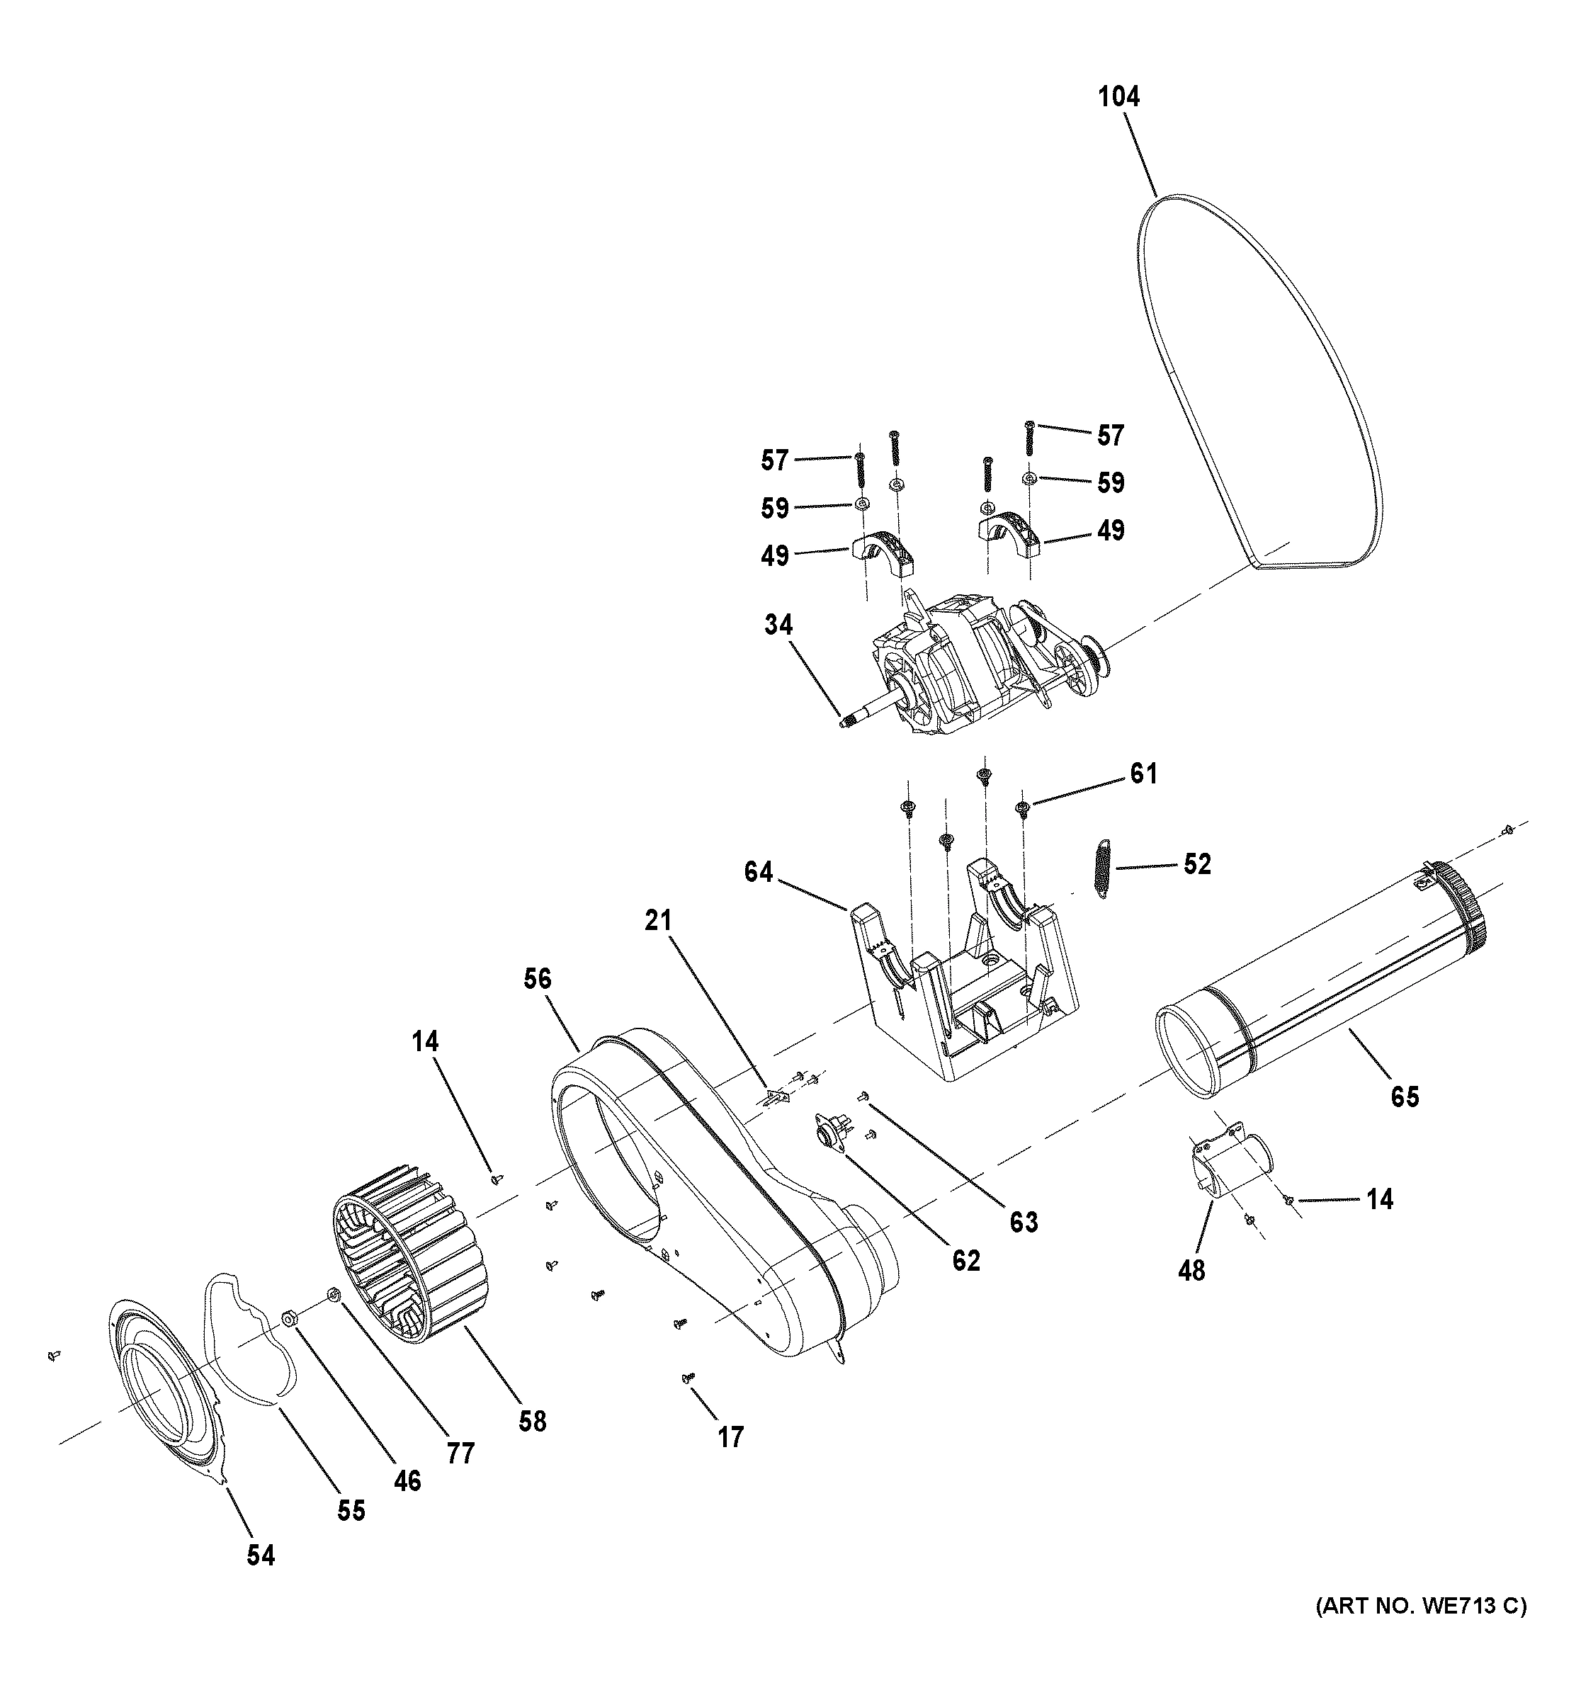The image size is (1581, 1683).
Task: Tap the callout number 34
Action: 778,625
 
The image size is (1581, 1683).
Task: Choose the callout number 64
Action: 759,871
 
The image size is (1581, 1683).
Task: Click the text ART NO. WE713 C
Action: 1421,1630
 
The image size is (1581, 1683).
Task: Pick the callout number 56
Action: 537,980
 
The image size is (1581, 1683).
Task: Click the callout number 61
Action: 1143,773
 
